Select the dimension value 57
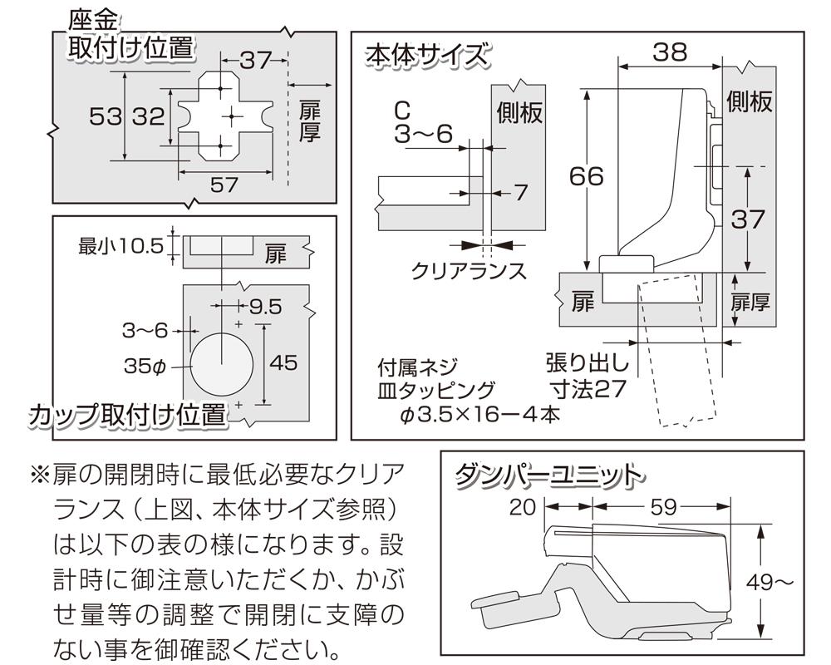(x=224, y=185)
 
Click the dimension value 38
(x=670, y=52)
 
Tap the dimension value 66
(x=588, y=176)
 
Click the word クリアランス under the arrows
(x=469, y=270)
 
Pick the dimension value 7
(x=520, y=192)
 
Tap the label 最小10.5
(x=120, y=246)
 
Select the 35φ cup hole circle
(x=219, y=363)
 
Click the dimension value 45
(x=284, y=363)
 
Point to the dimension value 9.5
(x=266, y=307)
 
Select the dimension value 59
(x=661, y=507)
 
